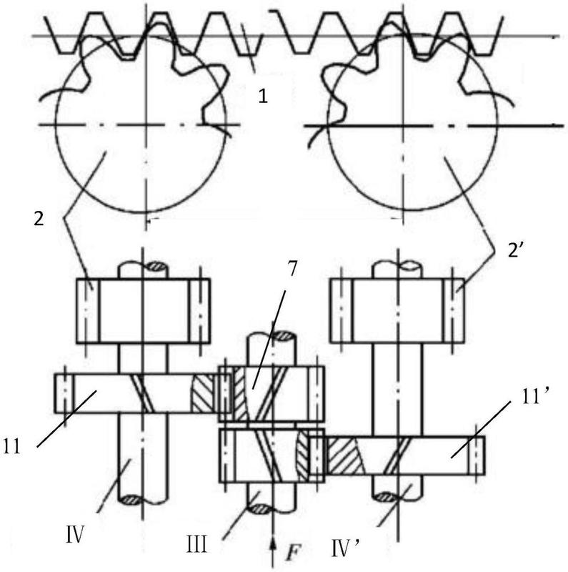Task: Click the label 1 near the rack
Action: [x=263, y=95]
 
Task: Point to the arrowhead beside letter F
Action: [x=273, y=543]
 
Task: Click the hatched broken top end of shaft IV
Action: [x=155, y=267]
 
